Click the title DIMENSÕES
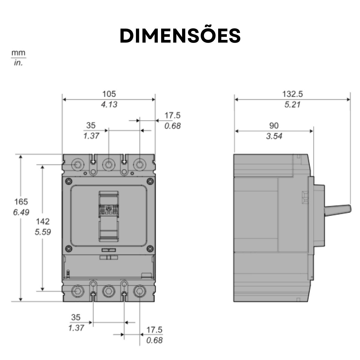(x=180, y=36)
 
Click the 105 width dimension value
(x=109, y=94)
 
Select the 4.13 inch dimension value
(x=109, y=104)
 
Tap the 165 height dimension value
(x=21, y=201)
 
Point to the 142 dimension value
(x=43, y=221)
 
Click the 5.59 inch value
(x=43, y=232)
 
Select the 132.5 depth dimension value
(x=292, y=94)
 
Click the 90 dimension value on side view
(x=274, y=126)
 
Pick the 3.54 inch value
(x=274, y=136)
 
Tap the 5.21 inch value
(x=292, y=104)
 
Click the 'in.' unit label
(x=18, y=63)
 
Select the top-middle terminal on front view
(x=109, y=164)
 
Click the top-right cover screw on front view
(x=150, y=181)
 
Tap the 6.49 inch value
(x=21, y=212)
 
